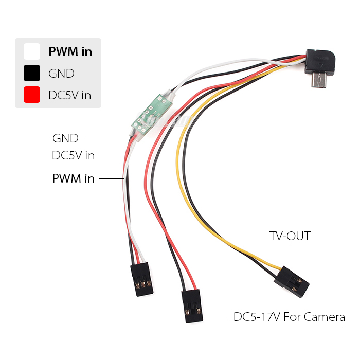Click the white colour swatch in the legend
[x=32, y=51]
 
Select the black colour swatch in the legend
[x=32, y=73]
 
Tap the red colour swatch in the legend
[x=32, y=95]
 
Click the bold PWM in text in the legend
[x=70, y=51]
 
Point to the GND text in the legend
[x=61, y=74]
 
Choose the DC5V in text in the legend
[x=70, y=95]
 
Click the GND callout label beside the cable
[x=65, y=138]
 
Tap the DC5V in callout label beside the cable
[x=74, y=155]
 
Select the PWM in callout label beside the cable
[x=74, y=178]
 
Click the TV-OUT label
[x=290, y=236]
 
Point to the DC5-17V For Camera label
[x=289, y=317]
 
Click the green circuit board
[x=152, y=114]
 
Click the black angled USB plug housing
[x=320, y=62]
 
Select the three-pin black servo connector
[x=141, y=279]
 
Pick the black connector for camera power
[x=192, y=306]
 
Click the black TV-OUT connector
[x=292, y=282]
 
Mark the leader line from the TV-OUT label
[x=289, y=257]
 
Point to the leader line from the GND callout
[x=107, y=138]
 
